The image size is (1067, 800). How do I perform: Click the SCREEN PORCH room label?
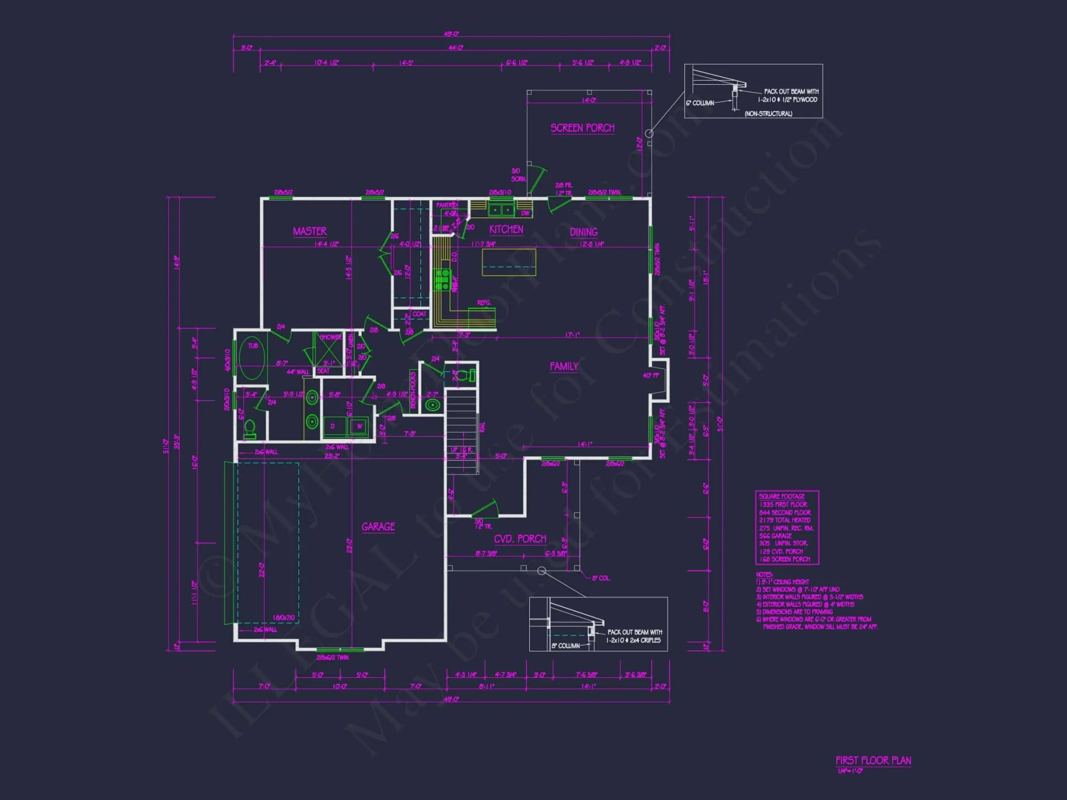coord(582,128)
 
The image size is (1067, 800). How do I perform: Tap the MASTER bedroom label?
coord(309,231)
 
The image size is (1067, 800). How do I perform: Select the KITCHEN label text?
coord(506,229)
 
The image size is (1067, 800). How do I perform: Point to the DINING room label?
coord(583,232)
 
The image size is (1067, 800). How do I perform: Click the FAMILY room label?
coord(564,366)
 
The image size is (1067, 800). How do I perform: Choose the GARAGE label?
coord(378,526)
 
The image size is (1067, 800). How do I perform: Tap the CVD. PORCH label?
coord(520,539)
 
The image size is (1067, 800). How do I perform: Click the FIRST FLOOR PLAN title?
coord(873,761)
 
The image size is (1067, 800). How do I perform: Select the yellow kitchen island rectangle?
coord(508,262)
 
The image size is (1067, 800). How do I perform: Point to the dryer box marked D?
coord(333,426)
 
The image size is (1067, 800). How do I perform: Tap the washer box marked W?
coord(359,426)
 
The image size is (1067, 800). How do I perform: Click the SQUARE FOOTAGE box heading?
coord(782,497)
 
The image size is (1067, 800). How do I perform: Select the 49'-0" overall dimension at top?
coord(451,34)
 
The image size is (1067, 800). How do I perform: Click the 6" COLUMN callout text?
coord(700,103)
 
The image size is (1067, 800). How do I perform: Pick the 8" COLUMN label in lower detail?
coord(565,646)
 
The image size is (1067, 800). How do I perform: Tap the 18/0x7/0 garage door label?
coord(283,618)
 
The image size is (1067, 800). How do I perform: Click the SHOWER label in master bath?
coord(330,337)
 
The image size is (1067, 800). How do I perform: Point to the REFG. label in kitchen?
coord(484,303)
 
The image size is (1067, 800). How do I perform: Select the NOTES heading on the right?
coord(764,574)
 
